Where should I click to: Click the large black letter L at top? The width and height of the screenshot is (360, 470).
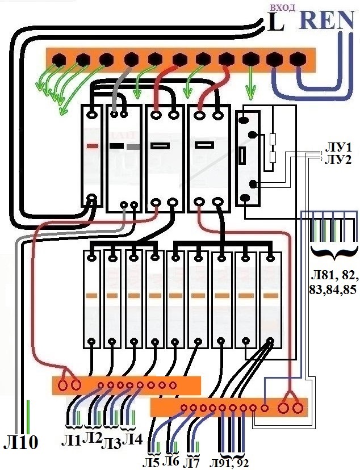click(275, 23)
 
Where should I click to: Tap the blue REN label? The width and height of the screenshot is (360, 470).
click(329, 20)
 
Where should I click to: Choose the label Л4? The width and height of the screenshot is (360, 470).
click(132, 440)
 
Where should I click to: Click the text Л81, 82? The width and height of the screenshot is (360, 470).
click(334, 275)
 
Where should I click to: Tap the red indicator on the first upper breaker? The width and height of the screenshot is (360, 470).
click(93, 146)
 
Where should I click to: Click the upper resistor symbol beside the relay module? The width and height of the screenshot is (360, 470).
click(273, 140)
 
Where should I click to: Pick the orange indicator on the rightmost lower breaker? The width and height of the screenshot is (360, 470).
click(271, 296)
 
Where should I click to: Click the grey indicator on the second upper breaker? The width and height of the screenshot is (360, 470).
click(133, 146)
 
